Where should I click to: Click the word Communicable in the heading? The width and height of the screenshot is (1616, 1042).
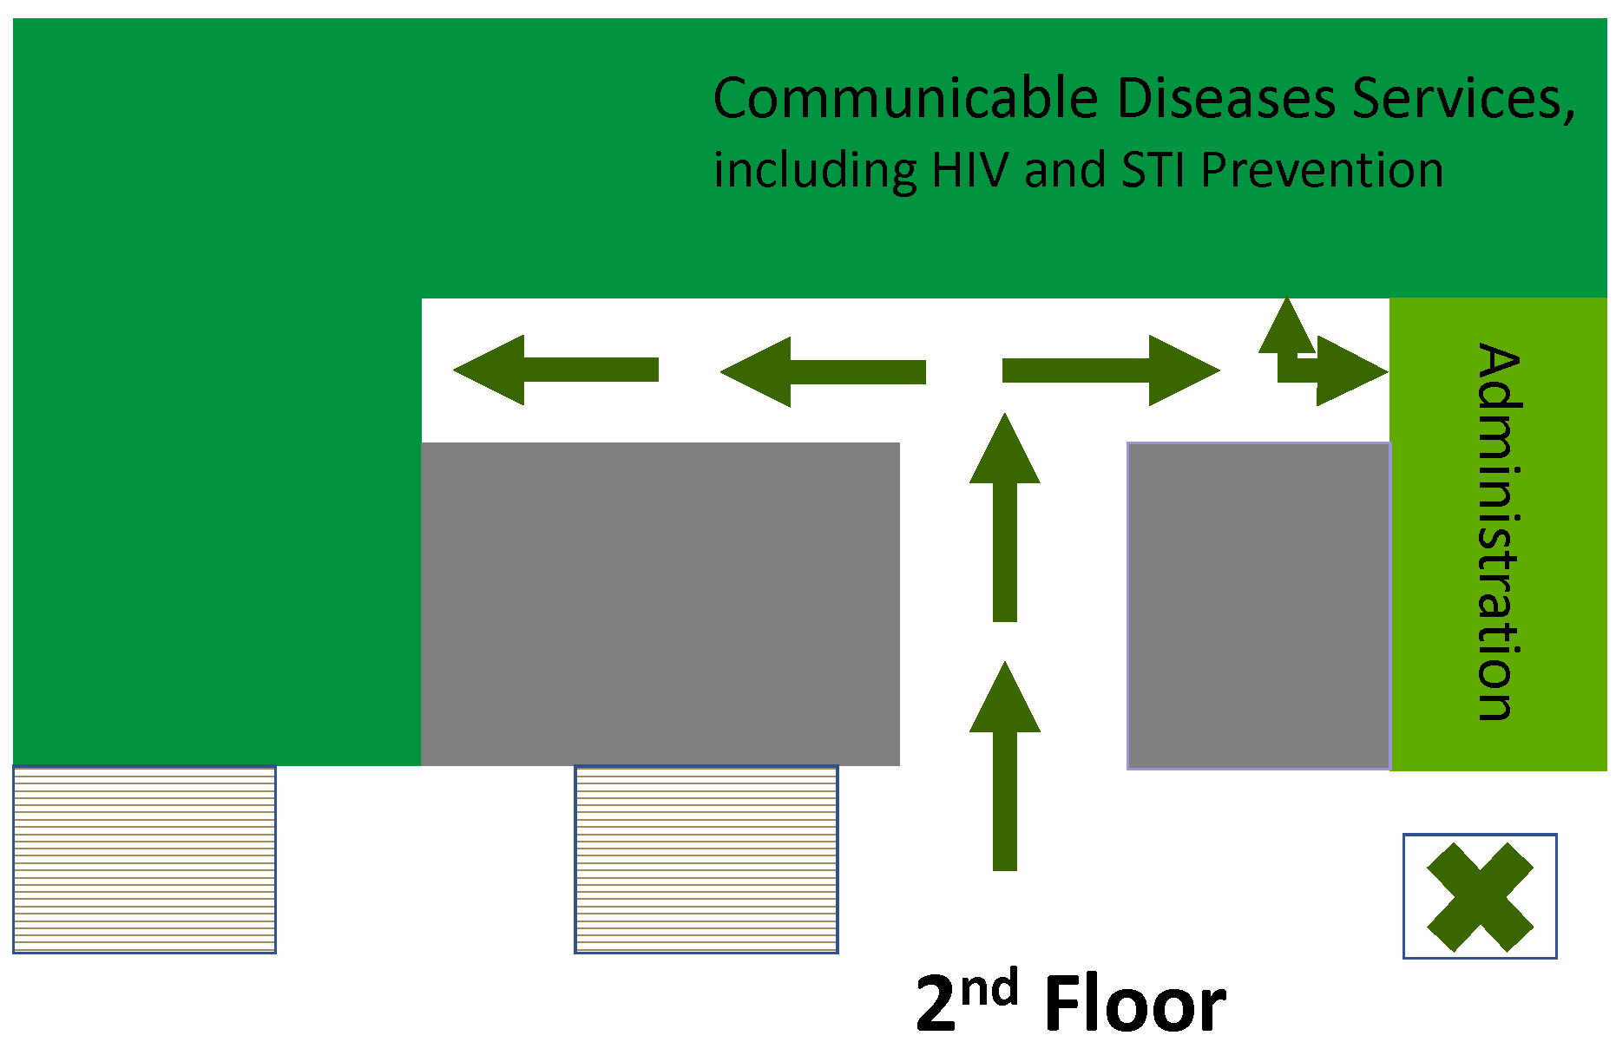coord(906,98)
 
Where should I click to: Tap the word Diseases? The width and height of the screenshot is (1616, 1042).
coord(1226,98)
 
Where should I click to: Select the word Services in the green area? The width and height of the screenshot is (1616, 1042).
coord(1458,98)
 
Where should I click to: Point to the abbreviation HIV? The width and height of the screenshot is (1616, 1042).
coord(970,170)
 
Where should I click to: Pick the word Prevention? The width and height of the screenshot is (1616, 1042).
coord(1323,170)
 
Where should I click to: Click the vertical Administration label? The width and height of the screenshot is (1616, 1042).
coord(1499,532)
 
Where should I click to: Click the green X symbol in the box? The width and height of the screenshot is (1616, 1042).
coord(1480,896)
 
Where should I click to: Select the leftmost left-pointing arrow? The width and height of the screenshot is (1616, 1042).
coord(555,370)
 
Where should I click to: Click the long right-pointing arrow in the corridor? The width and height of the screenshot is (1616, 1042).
coord(1111,370)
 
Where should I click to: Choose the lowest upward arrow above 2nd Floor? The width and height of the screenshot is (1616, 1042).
coord(1005,765)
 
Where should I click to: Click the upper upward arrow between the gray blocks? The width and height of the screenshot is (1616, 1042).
coord(1005,517)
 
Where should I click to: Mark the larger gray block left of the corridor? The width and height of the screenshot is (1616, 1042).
coord(660,604)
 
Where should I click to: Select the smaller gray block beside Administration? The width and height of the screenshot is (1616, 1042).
coord(1258,606)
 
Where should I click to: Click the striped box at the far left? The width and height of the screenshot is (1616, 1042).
coord(144,860)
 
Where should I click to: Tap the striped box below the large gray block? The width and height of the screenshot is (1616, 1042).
coord(706,860)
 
